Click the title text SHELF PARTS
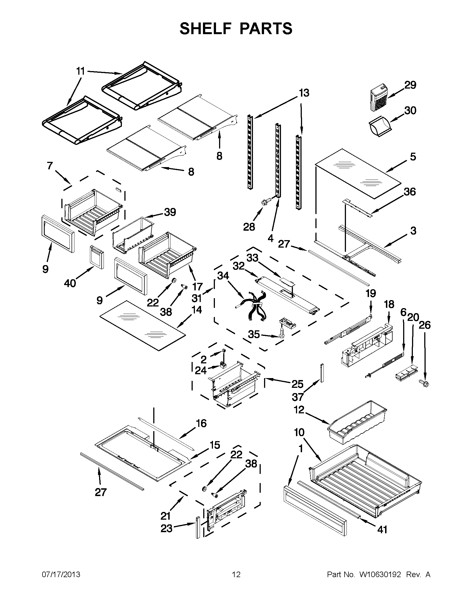(x=236, y=29)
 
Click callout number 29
(x=410, y=85)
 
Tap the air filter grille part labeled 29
(x=379, y=99)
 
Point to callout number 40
(x=70, y=283)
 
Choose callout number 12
(x=299, y=410)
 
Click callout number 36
(x=410, y=192)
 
